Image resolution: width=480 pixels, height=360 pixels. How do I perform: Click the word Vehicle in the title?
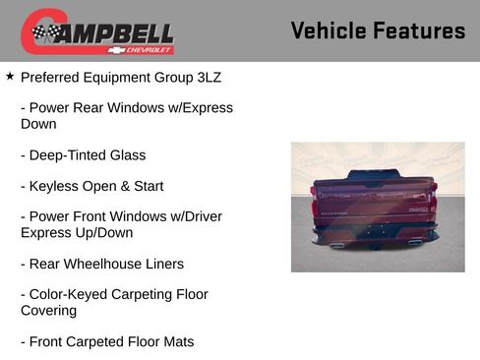(x=329, y=30)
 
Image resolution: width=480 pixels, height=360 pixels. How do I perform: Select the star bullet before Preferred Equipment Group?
(x=10, y=75)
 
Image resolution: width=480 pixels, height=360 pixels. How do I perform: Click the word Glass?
(x=128, y=155)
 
